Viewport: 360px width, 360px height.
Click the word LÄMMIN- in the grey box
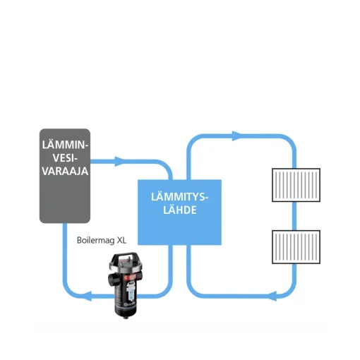[65, 145]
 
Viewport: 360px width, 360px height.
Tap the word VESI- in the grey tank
[65, 158]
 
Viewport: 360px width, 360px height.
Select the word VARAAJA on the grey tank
[65, 171]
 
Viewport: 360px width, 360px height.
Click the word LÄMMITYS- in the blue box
[179, 197]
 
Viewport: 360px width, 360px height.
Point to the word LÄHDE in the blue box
[180, 210]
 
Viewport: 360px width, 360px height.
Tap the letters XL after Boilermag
[121, 240]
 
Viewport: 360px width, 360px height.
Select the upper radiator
[296, 185]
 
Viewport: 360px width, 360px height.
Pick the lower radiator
[296, 247]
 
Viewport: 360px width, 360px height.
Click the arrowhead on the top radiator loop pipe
[236, 136]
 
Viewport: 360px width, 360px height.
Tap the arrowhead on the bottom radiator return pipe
[272, 296]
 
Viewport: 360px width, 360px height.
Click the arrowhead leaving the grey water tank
[119, 162]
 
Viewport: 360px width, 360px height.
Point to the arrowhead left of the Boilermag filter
[88, 296]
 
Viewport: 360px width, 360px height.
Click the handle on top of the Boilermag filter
[126, 258]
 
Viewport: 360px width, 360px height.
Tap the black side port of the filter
[112, 279]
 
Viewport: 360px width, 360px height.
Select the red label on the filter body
[130, 278]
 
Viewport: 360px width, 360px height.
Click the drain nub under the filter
[126, 317]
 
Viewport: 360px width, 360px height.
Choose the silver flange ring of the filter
[126, 267]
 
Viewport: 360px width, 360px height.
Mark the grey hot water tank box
[65, 176]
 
